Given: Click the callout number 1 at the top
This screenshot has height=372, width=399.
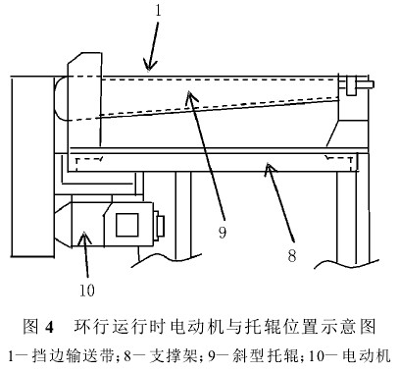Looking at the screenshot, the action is point(159,11).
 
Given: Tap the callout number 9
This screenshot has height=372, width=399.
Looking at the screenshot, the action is point(223,233).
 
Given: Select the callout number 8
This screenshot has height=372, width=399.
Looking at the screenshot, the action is point(292,255).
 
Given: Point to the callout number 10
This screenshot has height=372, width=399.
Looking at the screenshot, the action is point(87,290).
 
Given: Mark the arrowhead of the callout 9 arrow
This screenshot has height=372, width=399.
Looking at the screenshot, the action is point(189,93).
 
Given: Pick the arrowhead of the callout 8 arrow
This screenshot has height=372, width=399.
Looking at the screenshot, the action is point(269,164).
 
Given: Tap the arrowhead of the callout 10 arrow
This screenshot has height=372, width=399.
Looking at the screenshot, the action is point(84,234).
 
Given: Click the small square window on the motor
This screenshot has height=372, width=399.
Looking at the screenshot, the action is point(127,225).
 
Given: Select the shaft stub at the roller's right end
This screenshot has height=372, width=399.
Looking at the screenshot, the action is point(365,84).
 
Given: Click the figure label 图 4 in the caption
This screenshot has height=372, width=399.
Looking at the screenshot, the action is point(37,327).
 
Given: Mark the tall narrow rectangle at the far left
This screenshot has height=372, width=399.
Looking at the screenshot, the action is point(32,166).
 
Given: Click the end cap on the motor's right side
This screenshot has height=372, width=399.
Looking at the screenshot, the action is point(159,226).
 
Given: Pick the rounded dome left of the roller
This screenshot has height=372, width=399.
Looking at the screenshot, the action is point(61,99).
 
